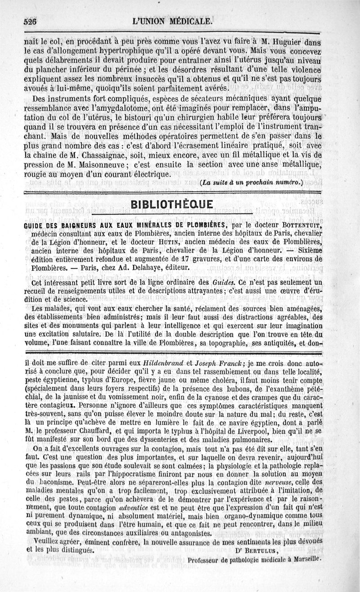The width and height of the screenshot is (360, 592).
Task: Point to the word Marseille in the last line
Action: coord(305,560)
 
